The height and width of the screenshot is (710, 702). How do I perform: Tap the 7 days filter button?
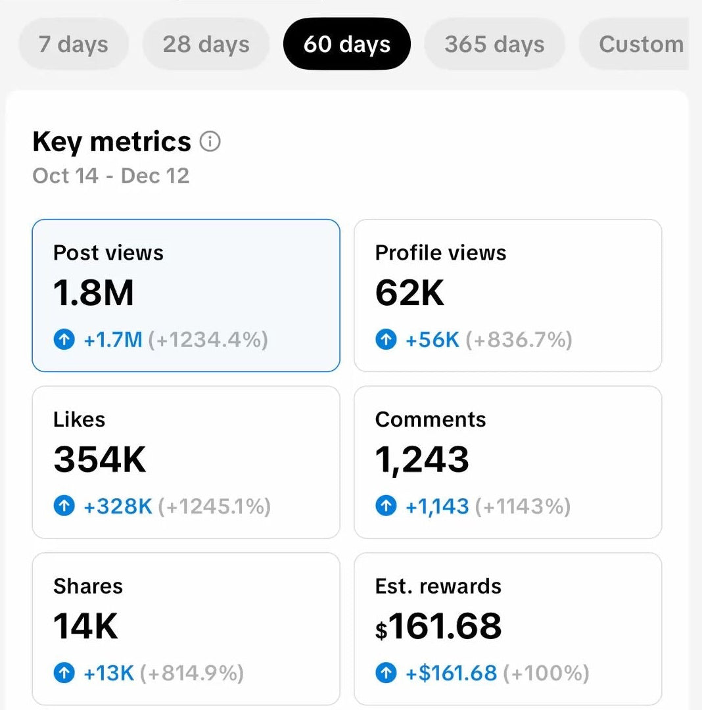(73, 44)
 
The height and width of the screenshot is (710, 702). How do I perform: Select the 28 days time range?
(206, 44)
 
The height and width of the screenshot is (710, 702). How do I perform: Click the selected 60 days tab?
(346, 44)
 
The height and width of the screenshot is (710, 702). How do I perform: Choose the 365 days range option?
(494, 44)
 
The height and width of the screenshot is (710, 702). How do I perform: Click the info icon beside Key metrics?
(210, 141)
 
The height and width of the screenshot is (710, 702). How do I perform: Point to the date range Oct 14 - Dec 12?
(110, 176)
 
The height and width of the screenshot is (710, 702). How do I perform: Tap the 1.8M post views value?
(93, 293)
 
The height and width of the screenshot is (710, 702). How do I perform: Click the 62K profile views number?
(410, 293)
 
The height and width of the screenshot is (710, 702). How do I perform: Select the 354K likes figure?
(99, 460)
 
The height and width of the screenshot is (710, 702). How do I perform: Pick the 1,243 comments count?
(422, 460)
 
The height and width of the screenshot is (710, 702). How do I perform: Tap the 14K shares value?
(85, 626)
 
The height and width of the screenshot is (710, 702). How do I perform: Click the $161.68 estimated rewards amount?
(438, 626)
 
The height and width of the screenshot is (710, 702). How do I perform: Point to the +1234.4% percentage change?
(208, 340)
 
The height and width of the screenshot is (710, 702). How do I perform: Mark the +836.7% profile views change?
(519, 340)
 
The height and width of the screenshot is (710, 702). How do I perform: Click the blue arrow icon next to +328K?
(64, 506)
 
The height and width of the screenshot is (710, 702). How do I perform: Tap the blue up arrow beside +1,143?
(386, 506)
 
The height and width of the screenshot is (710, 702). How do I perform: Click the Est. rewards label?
(438, 586)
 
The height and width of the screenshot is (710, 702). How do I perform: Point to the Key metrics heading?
(112, 141)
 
